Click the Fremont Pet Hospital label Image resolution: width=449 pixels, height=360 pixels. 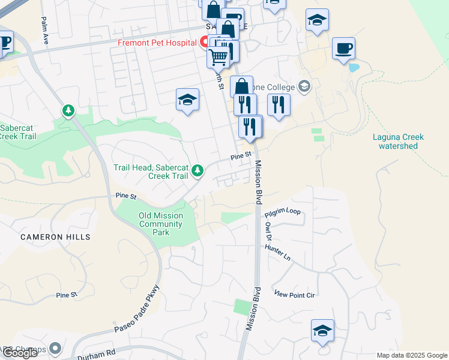pyautogui.click(x=157, y=43)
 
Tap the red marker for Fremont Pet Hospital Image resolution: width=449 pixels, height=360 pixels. pyautogui.click(x=204, y=43)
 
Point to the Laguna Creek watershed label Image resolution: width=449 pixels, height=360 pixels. pyautogui.click(x=398, y=141)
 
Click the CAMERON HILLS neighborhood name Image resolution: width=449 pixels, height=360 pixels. pyautogui.click(x=55, y=237)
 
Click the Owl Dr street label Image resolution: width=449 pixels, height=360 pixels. pyautogui.click(x=268, y=231)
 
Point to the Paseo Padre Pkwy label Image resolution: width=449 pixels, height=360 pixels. pyautogui.click(x=136, y=310)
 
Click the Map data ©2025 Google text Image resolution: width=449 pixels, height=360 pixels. pyautogui.click(x=411, y=355)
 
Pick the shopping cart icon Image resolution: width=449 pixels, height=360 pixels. pyautogui.click(x=218, y=57)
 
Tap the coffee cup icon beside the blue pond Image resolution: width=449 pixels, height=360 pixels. pyautogui.click(x=343, y=48)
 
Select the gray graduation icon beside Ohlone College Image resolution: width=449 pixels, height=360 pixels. pyautogui.click(x=304, y=86)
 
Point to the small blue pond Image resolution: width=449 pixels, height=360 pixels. pyautogui.click(x=354, y=68)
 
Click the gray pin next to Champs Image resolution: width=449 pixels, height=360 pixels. pyautogui.click(x=56, y=347)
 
